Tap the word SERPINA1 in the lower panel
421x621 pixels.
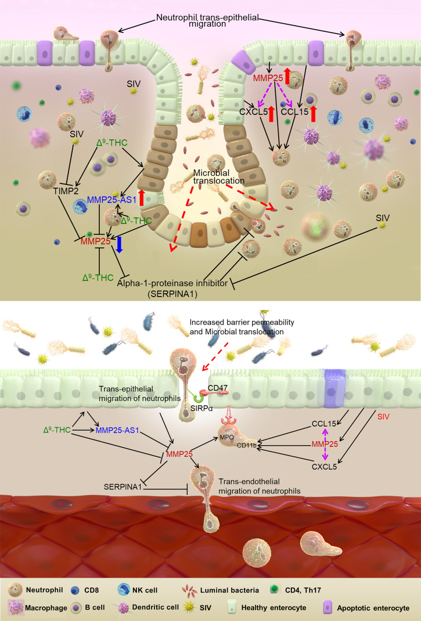pyautogui.click(x=123, y=483)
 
